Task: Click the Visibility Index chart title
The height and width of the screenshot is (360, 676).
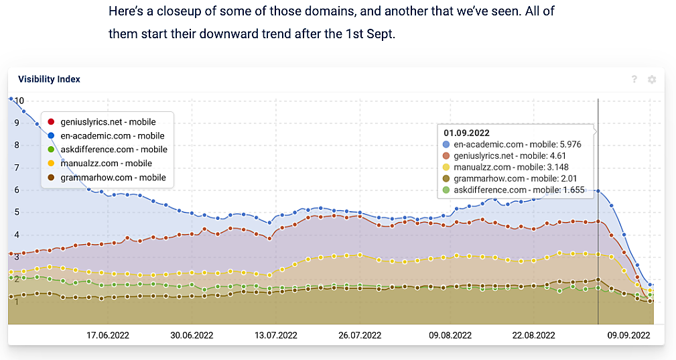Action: (49, 79)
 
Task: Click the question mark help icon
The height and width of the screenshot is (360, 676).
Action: (634, 80)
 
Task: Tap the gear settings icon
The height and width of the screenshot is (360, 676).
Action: (652, 80)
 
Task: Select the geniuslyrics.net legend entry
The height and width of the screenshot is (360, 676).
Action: (107, 122)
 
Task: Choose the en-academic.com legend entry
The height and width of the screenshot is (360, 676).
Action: (112, 136)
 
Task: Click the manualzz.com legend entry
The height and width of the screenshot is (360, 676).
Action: (106, 164)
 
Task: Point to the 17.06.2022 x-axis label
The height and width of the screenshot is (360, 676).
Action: (107, 335)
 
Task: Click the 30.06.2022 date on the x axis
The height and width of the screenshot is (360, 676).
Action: (191, 335)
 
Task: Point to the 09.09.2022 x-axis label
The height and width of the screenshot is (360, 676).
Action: (628, 335)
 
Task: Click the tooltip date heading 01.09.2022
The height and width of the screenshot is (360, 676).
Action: (467, 132)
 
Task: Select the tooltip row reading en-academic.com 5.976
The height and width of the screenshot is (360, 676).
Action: (509, 144)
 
